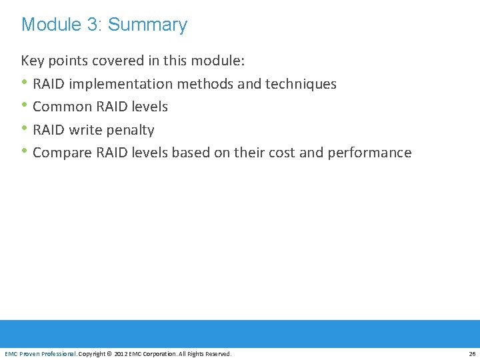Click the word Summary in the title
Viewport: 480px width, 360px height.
147,25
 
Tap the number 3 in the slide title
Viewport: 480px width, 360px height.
93,25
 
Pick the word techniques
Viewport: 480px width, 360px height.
301,84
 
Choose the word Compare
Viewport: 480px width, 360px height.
62,153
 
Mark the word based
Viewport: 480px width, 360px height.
190,153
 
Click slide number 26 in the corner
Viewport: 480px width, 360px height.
472,354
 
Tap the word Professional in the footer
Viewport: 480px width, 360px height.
58,354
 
